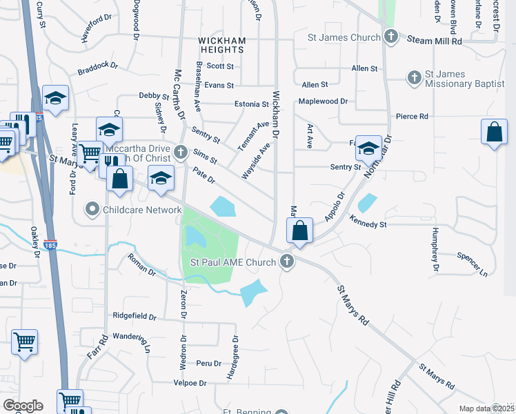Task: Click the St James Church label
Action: pos(346,37)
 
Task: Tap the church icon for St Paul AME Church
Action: pos(288,262)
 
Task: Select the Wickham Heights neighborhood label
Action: pos(221,46)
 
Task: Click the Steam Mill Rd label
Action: pos(434,41)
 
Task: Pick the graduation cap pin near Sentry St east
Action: pos(368,147)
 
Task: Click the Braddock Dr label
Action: pos(98,70)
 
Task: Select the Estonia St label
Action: pos(250,104)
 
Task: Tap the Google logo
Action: pos(23,406)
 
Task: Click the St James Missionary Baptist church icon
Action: pos(415,77)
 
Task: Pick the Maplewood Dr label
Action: pos(323,101)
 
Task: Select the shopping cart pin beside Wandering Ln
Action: pos(25,341)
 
